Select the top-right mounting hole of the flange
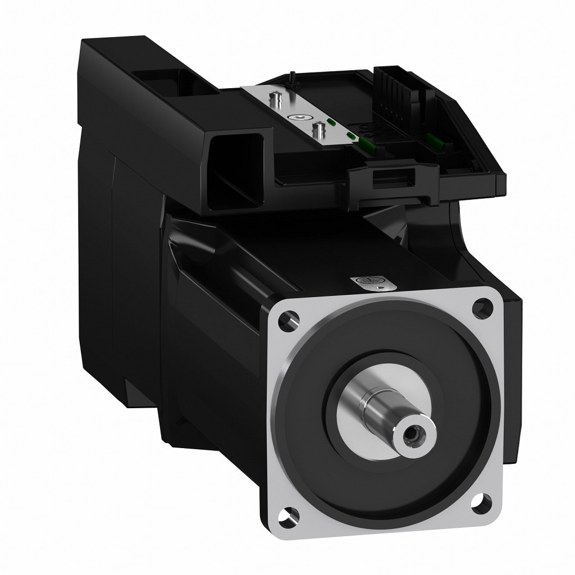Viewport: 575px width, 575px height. click(478, 306)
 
